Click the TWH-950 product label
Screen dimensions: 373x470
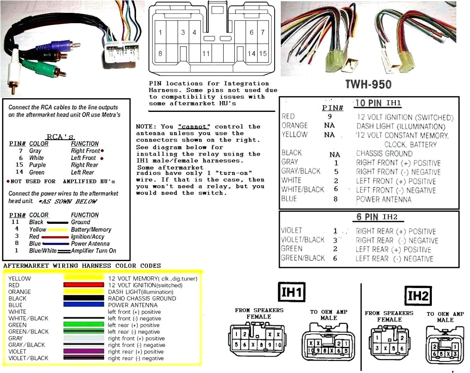(x=368, y=84)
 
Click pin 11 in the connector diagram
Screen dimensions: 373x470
(x=206, y=54)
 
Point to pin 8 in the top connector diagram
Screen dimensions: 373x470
(x=160, y=54)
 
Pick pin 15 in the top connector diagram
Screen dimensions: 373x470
(x=263, y=54)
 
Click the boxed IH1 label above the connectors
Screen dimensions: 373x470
(x=292, y=293)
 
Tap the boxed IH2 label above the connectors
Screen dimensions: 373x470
(x=418, y=296)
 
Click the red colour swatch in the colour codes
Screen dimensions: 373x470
(x=84, y=285)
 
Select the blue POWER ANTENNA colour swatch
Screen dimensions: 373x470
(x=84, y=305)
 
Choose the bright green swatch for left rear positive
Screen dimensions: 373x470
(x=84, y=325)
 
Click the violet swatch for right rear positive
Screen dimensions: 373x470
(x=84, y=352)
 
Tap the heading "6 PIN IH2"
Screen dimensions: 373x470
(x=377, y=217)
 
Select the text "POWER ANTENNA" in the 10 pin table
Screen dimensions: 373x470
(x=383, y=199)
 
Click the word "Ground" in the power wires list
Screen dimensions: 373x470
(x=80, y=222)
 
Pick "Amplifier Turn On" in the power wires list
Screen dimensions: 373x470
(x=94, y=251)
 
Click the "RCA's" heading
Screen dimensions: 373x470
(x=61, y=137)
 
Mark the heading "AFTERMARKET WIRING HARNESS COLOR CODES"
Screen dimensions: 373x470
(x=82, y=266)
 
